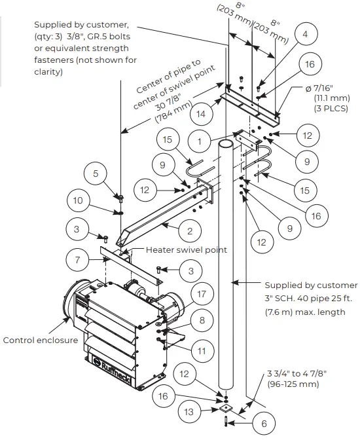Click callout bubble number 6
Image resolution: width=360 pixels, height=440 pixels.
[x=264, y=424]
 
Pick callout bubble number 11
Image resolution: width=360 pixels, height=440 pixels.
[x=202, y=352]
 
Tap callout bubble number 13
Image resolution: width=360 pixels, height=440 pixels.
[x=189, y=412]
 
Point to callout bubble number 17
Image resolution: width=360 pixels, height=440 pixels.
[x=201, y=294]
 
